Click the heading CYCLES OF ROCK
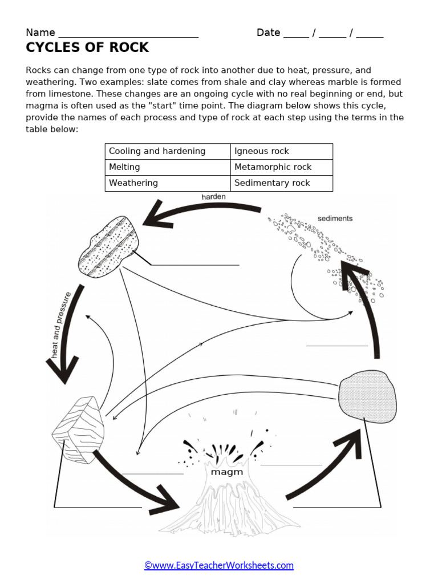[87, 47]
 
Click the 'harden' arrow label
[213, 197]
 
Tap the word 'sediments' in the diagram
[335, 218]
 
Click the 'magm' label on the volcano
[227, 472]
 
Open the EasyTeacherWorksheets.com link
[218, 565]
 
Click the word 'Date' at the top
[268, 33]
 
